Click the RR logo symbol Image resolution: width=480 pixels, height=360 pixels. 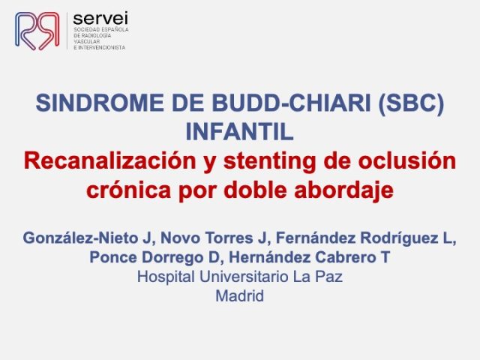[x=37, y=31]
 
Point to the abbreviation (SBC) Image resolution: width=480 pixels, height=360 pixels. [x=411, y=103]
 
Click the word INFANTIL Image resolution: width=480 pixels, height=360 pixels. [x=240, y=132]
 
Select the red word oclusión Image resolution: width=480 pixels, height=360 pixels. [x=407, y=160]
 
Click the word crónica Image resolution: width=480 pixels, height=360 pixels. [x=128, y=190]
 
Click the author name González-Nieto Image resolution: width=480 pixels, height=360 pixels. [x=82, y=238]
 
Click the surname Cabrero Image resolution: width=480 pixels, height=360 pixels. [x=345, y=257]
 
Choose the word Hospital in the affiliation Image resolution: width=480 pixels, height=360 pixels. [x=166, y=277]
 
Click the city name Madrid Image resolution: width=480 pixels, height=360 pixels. [x=240, y=296]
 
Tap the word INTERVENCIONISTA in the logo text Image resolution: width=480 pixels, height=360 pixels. [x=102, y=48]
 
